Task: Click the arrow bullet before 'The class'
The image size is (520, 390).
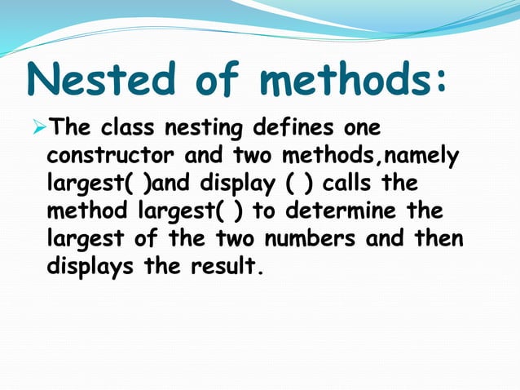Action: (38, 128)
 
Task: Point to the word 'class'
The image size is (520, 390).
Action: (129, 129)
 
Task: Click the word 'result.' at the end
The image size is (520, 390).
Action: (229, 267)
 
